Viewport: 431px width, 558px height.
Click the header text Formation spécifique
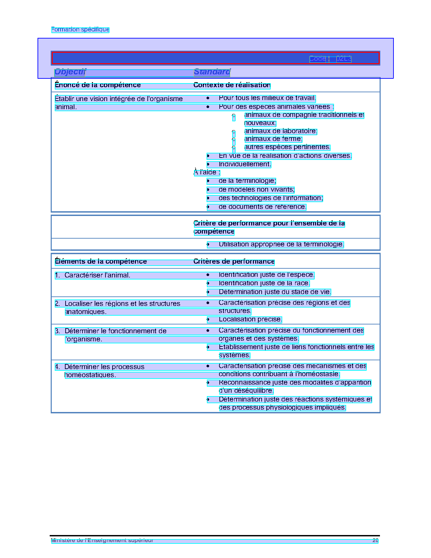point(80,29)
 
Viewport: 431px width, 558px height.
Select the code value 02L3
point(344,59)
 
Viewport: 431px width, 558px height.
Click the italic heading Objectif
point(70,72)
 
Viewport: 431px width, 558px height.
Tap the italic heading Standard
point(212,72)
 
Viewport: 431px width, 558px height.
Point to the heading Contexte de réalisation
point(232,85)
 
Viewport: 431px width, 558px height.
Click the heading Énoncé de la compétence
point(98,85)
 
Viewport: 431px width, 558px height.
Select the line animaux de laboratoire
point(281,131)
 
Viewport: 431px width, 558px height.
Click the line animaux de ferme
point(273,139)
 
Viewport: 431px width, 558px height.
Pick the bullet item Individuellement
point(245,164)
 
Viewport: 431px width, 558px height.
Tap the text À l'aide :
point(207,172)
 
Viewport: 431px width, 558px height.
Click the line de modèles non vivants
point(256,190)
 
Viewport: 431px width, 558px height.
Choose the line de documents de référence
point(262,207)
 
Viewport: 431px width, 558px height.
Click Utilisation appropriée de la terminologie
point(281,244)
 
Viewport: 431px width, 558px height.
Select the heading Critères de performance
point(234,262)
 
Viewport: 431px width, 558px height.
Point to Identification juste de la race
point(264,283)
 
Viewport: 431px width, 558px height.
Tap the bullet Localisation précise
point(250,319)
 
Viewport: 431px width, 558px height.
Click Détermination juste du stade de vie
point(274,292)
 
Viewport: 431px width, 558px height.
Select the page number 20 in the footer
point(375,540)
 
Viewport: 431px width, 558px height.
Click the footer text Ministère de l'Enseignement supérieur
point(102,540)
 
